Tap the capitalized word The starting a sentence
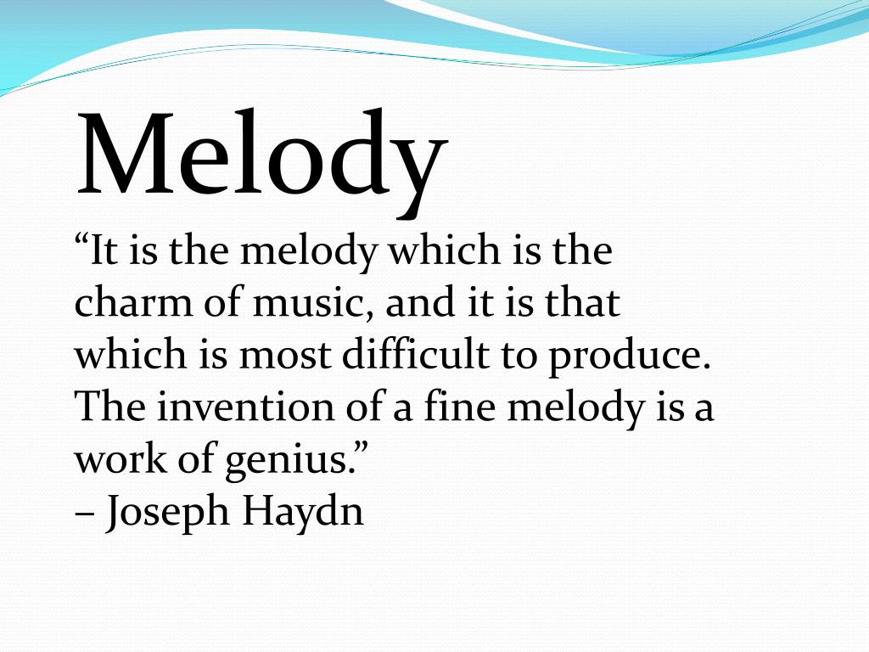[105, 407]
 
